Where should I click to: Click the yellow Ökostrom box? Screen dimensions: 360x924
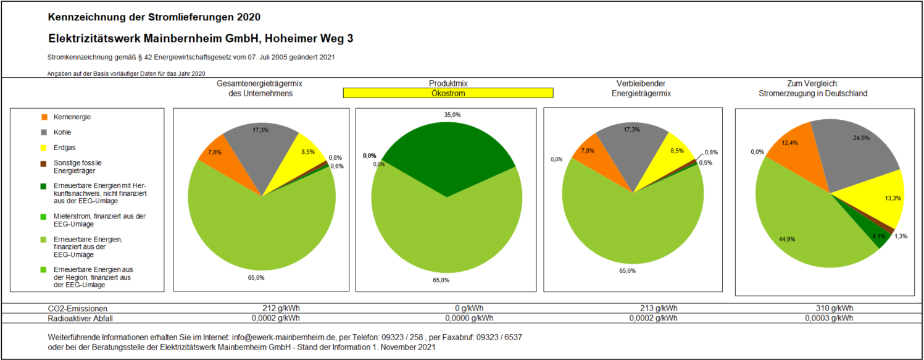pyautogui.click(x=448, y=93)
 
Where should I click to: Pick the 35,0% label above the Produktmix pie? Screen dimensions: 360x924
pyautogui.click(x=452, y=115)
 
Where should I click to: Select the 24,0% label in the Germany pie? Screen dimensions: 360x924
pyautogui.click(x=861, y=138)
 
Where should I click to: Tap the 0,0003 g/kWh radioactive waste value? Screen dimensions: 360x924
pyautogui.click(x=829, y=319)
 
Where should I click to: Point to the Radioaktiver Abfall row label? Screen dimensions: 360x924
pyautogui.click(x=81, y=319)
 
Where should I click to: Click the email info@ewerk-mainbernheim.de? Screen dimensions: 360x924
pyautogui.click(x=283, y=338)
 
